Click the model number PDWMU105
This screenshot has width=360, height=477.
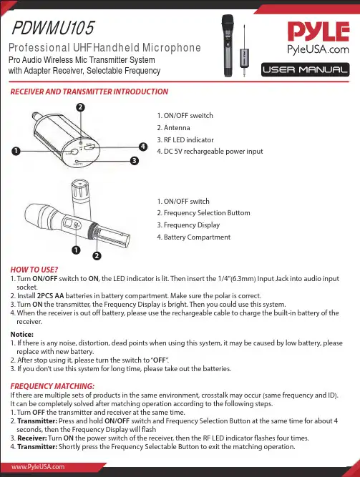click(53, 28)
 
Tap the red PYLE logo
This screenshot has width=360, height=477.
click(318, 31)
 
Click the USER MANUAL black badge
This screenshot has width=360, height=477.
click(305, 69)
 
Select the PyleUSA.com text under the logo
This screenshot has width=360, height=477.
click(318, 49)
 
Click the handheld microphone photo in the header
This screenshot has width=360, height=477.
click(228, 46)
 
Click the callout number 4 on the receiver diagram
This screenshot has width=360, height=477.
click(143, 147)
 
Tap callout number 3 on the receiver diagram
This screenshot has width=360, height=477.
click(135, 160)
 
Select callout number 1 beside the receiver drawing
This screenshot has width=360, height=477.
click(16, 151)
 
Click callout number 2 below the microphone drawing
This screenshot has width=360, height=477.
click(97, 255)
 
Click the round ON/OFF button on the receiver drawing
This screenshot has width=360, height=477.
click(74, 152)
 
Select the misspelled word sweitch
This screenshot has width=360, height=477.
click(201, 116)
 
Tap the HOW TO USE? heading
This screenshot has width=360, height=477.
click(34, 270)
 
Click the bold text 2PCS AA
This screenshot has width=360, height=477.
click(51, 295)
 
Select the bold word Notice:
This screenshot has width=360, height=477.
click(22, 334)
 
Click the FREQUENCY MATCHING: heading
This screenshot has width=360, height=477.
click(52, 386)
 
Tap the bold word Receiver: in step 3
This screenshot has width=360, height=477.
click(32, 438)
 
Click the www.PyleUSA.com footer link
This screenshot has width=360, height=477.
click(38, 467)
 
